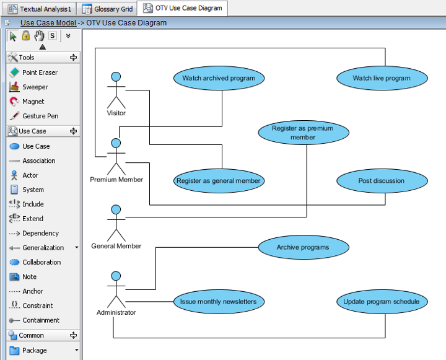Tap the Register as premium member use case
pos(303,133)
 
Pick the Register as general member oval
pos(219,181)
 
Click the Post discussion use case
pos(382,181)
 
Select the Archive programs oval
pos(303,247)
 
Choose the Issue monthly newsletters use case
pos(219,302)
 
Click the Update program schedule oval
pos(382,302)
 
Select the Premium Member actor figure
pos(116,156)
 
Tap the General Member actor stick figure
pos(116,222)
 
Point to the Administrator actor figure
pos(116,289)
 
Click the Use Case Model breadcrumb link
pos(48,23)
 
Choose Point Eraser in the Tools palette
pos(40,72)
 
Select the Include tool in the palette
pos(33,204)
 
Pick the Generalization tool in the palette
pos(43,248)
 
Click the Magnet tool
pos(33,102)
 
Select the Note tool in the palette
pos(29,277)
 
